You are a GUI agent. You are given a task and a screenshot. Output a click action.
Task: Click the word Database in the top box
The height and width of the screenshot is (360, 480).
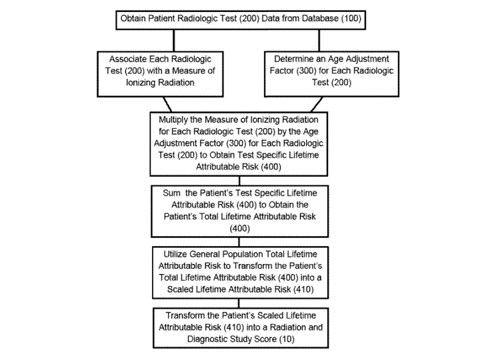pos(320,19)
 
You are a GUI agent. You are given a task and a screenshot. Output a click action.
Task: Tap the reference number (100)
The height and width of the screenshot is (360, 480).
pos(351,19)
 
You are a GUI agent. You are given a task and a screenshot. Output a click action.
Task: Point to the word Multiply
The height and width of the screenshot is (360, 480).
pos(173,120)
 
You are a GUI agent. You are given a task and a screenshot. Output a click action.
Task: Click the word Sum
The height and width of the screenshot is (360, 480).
pos(171,193)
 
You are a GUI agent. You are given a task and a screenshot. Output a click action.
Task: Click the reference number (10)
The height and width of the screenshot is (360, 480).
pos(287,339)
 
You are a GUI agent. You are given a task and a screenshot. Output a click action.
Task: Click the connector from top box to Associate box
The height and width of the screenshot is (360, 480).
pos(174,41)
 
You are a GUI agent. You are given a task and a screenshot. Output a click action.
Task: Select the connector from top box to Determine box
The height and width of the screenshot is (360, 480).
pos(319,41)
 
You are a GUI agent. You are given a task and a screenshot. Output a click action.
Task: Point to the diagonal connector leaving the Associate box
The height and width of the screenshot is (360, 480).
pos(167,105)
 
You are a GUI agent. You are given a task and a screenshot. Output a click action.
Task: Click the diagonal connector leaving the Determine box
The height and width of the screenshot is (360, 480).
pos(317,105)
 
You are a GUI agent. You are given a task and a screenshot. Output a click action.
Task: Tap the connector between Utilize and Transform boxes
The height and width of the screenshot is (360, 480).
pos(239,303)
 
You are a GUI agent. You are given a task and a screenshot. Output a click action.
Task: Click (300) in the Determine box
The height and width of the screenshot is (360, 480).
pos(307,71)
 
